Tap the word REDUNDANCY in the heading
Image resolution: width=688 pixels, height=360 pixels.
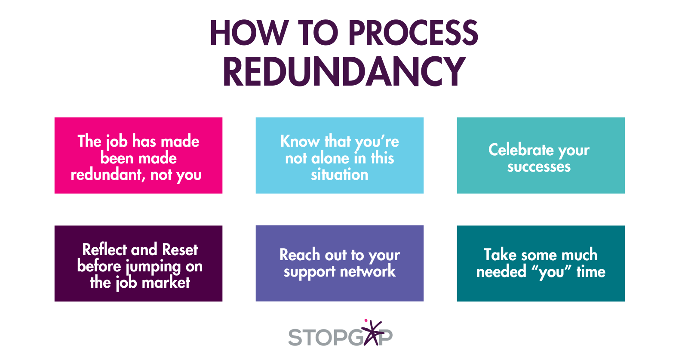[x=344, y=71]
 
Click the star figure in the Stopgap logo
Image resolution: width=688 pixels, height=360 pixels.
[x=372, y=332]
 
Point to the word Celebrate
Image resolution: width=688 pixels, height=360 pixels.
[x=521, y=150]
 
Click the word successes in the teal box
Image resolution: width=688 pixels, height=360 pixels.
[x=539, y=167]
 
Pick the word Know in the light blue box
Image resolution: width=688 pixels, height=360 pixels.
[x=300, y=141]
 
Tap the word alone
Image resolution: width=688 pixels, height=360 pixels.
[x=330, y=158]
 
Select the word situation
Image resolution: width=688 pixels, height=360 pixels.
[x=340, y=175]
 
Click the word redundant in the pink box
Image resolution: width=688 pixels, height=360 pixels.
[x=107, y=175]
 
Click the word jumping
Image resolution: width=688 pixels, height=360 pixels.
[x=154, y=267]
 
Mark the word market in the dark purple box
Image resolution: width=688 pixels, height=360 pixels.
[x=166, y=283]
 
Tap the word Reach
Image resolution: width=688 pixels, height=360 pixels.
[x=300, y=255]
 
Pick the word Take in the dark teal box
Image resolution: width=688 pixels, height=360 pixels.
[x=500, y=255]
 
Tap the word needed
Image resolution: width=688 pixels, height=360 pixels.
[x=501, y=272]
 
